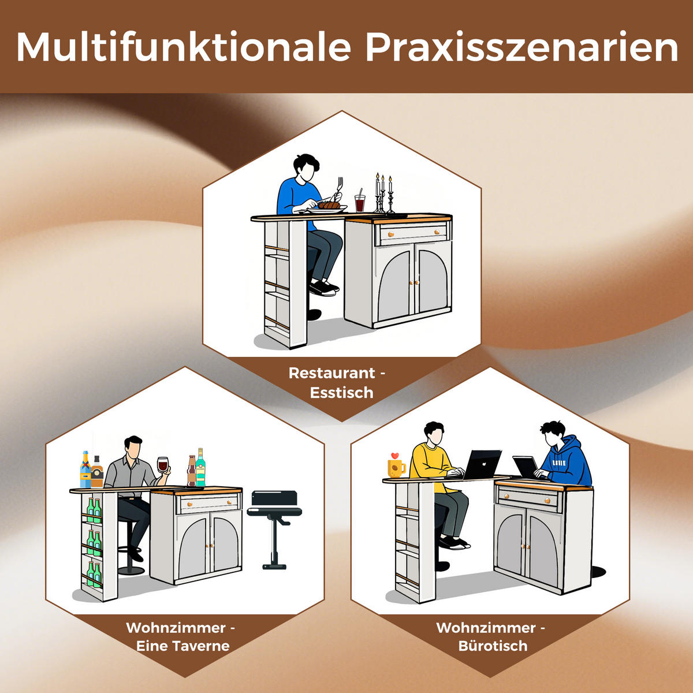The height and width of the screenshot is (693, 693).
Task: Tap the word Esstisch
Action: [341, 393]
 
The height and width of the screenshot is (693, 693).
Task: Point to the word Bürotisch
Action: [493, 646]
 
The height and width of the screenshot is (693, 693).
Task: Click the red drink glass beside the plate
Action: [360, 203]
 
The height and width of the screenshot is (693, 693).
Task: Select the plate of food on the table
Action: [327, 207]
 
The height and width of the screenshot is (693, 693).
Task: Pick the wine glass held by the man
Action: [162, 465]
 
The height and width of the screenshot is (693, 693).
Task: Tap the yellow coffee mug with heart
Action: [396, 465]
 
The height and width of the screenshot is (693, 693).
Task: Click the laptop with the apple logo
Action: [482, 464]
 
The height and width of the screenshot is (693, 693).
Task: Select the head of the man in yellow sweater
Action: [434, 434]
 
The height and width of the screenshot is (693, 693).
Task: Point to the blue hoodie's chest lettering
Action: [558, 463]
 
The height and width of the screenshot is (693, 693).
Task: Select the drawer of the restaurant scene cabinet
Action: [412, 233]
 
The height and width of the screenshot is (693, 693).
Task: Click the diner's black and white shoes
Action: [323, 288]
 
